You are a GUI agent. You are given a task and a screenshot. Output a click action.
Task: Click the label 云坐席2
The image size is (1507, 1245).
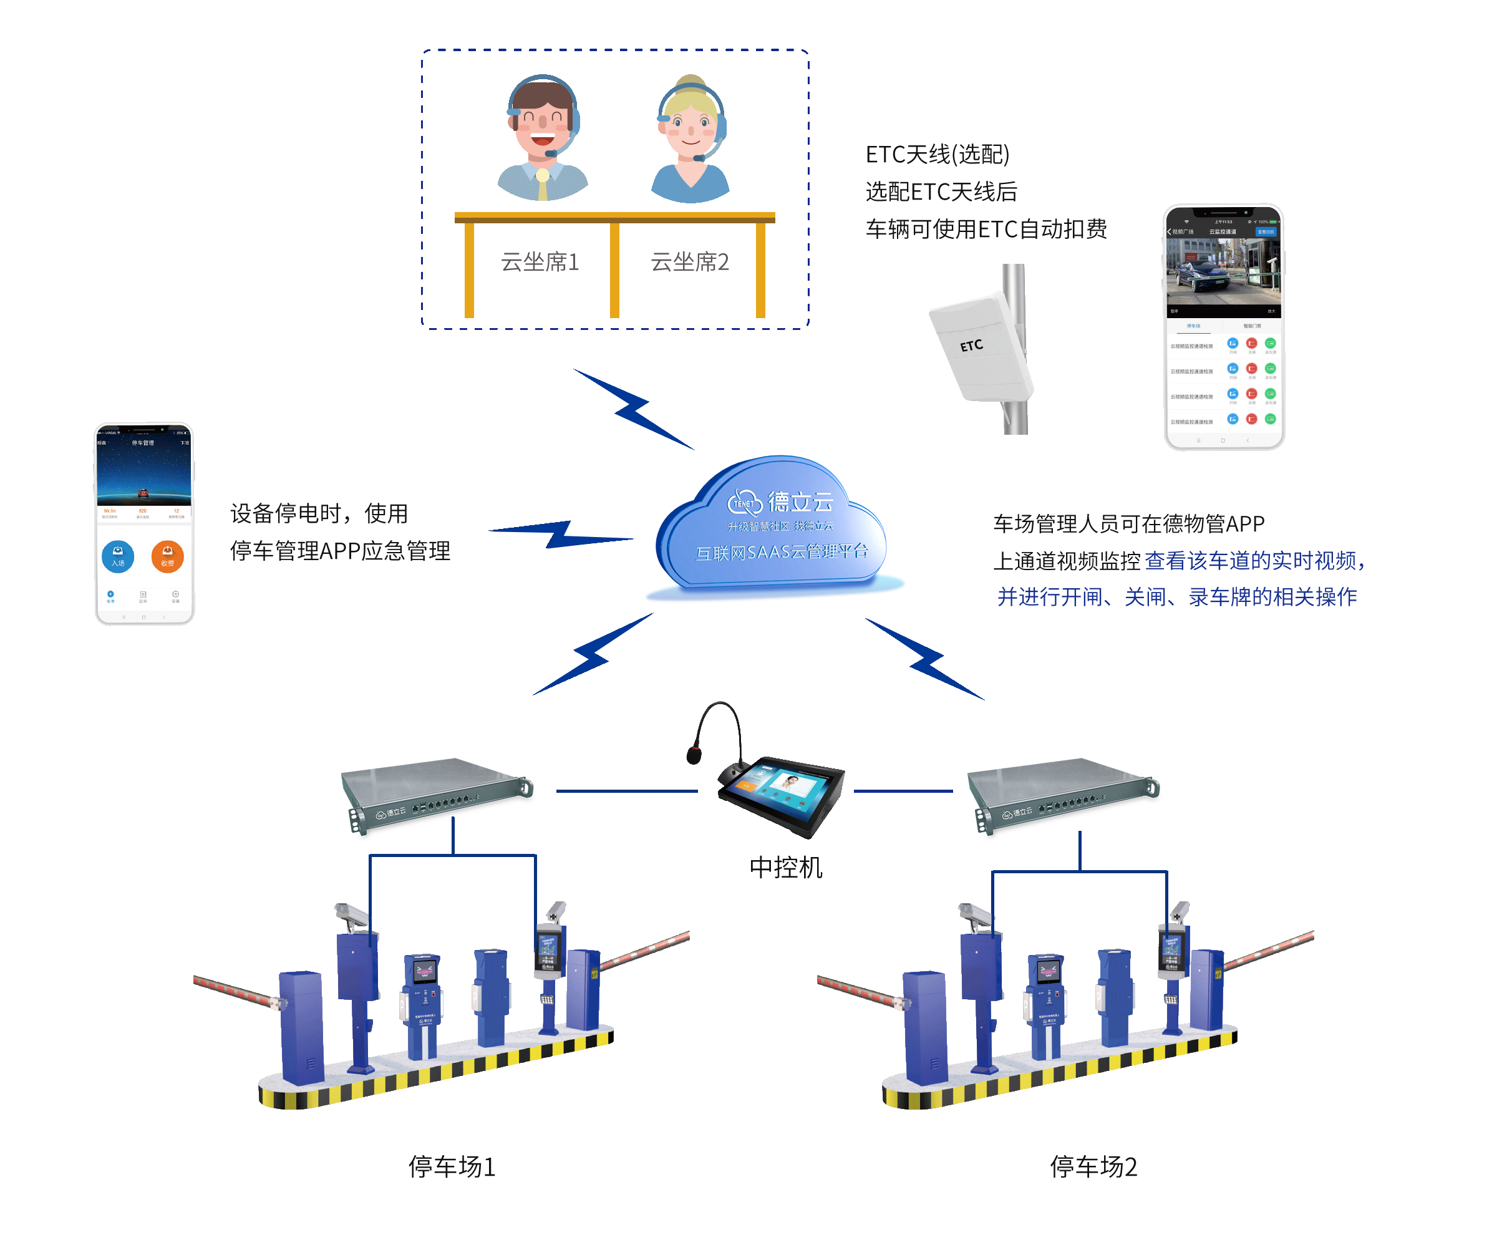[689, 262]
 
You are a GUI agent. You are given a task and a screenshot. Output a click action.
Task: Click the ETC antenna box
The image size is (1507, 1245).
[979, 346]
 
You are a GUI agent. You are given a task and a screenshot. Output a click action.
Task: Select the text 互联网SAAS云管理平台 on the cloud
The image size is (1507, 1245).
[781, 551]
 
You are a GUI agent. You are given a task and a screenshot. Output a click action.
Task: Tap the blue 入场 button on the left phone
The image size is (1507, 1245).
[118, 556]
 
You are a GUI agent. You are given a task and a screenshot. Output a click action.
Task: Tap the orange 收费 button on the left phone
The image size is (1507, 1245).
[167, 556]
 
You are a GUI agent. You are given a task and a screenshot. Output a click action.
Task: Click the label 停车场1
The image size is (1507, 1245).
[451, 1165]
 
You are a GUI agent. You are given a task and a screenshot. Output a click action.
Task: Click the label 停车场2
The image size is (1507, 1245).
[1092, 1165]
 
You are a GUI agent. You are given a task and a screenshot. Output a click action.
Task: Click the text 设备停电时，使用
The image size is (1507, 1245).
[319, 513]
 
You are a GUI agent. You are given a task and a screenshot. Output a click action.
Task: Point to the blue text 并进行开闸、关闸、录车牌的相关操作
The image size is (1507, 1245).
[1176, 596]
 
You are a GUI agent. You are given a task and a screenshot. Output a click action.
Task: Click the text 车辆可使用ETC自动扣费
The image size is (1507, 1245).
[986, 229]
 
